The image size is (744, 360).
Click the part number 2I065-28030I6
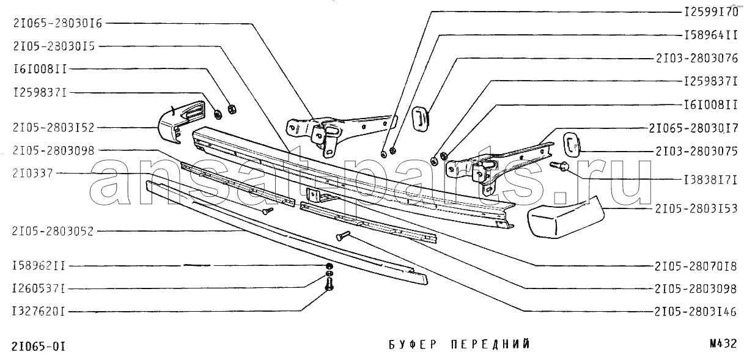coord(57,24)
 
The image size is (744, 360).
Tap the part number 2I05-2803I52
coord(53,127)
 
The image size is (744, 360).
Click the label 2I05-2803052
coord(53,231)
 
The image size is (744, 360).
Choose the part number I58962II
coord(39,266)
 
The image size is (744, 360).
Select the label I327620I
coord(39,310)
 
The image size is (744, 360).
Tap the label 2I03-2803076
coord(697,58)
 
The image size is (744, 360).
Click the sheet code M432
coord(724,343)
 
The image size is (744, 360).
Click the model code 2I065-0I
coord(39,347)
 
